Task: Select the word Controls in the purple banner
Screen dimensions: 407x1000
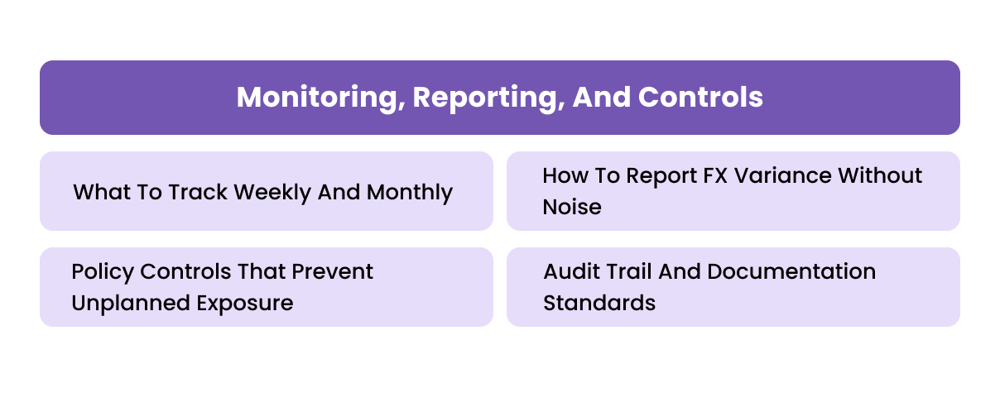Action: (x=700, y=98)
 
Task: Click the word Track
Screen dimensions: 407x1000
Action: (x=198, y=193)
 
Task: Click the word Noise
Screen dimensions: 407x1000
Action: (x=572, y=207)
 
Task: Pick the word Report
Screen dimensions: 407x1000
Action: (x=668, y=176)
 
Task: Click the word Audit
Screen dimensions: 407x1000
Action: (x=570, y=272)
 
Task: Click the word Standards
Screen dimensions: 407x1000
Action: (x=599, y=303)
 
